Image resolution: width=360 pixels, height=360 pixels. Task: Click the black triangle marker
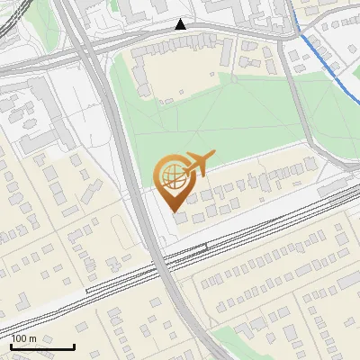click(182, 24)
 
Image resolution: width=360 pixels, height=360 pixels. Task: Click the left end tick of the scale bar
click(11, 346)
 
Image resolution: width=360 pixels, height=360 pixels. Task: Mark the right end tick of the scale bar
click(74, 346)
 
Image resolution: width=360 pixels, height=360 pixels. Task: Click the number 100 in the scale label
click(19, 338)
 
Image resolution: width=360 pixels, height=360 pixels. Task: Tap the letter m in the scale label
click(32, 338)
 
